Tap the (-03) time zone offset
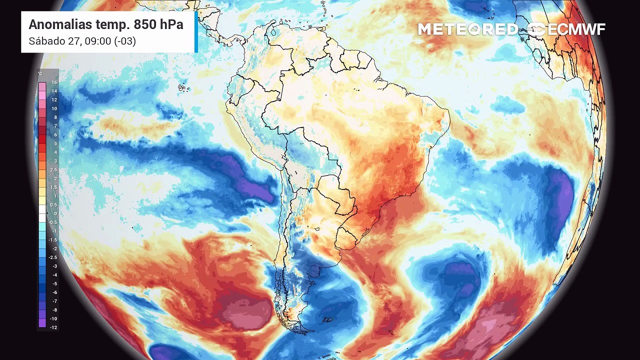point(125,41)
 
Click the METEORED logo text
point(467,29)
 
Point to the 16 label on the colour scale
point(54,82)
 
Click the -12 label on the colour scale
point(53,327)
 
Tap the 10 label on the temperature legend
point(54,108)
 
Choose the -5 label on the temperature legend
point(54,283)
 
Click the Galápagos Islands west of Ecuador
point(183,88)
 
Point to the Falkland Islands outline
point(327,319)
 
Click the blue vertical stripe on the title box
point(196,32)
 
